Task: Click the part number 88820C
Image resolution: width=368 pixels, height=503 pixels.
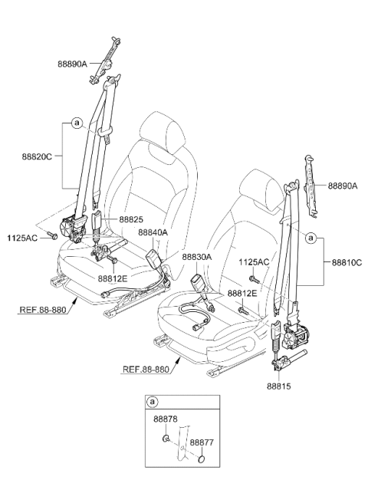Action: (37, 157)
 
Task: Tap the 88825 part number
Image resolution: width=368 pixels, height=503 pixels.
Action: (131, 219)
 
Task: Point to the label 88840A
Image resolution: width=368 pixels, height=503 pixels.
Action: (153, 232)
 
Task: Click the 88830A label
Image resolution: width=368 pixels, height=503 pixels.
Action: (197, 257)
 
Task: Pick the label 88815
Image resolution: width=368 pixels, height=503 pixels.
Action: (279, 386)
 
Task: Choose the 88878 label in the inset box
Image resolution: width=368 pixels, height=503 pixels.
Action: (166, 419)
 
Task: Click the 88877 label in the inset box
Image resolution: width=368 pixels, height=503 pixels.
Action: (202, 442)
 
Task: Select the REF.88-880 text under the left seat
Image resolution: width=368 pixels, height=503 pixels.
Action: (43, 310)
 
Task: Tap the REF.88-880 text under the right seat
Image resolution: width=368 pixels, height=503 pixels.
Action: (146, 370)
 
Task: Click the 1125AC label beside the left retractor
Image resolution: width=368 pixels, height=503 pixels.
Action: (22, 238)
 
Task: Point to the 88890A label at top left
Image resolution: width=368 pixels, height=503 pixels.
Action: (73, 64)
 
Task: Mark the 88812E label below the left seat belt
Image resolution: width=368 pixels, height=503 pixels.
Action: (113, 279)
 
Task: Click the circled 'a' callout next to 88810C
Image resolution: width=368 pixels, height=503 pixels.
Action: (310, 238)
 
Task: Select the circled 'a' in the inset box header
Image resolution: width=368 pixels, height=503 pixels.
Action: (153, 402)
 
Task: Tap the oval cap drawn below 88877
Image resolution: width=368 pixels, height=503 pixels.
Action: (202, 459)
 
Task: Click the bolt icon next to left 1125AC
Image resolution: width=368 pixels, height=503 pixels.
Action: (51, 235)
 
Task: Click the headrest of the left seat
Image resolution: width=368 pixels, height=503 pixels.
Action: (163, 132)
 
